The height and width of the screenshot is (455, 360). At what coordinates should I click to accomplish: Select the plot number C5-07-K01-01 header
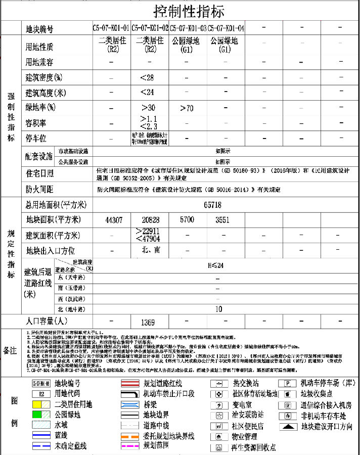click(111, 28)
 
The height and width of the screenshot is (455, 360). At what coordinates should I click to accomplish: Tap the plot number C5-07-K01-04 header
click(226, 28)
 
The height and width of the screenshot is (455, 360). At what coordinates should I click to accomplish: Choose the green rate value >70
click(187, 108)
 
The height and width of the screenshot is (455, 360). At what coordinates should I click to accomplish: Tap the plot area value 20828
click(151, 220)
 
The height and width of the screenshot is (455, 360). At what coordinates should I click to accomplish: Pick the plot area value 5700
click(187, 220)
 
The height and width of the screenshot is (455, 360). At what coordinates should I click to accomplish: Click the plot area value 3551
click(222, 220)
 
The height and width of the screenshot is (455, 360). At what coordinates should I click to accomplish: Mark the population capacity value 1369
click(148, 322)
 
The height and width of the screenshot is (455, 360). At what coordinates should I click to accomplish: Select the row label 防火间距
click(39, 190)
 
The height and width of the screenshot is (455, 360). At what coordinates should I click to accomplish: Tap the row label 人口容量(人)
click(46, 322)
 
